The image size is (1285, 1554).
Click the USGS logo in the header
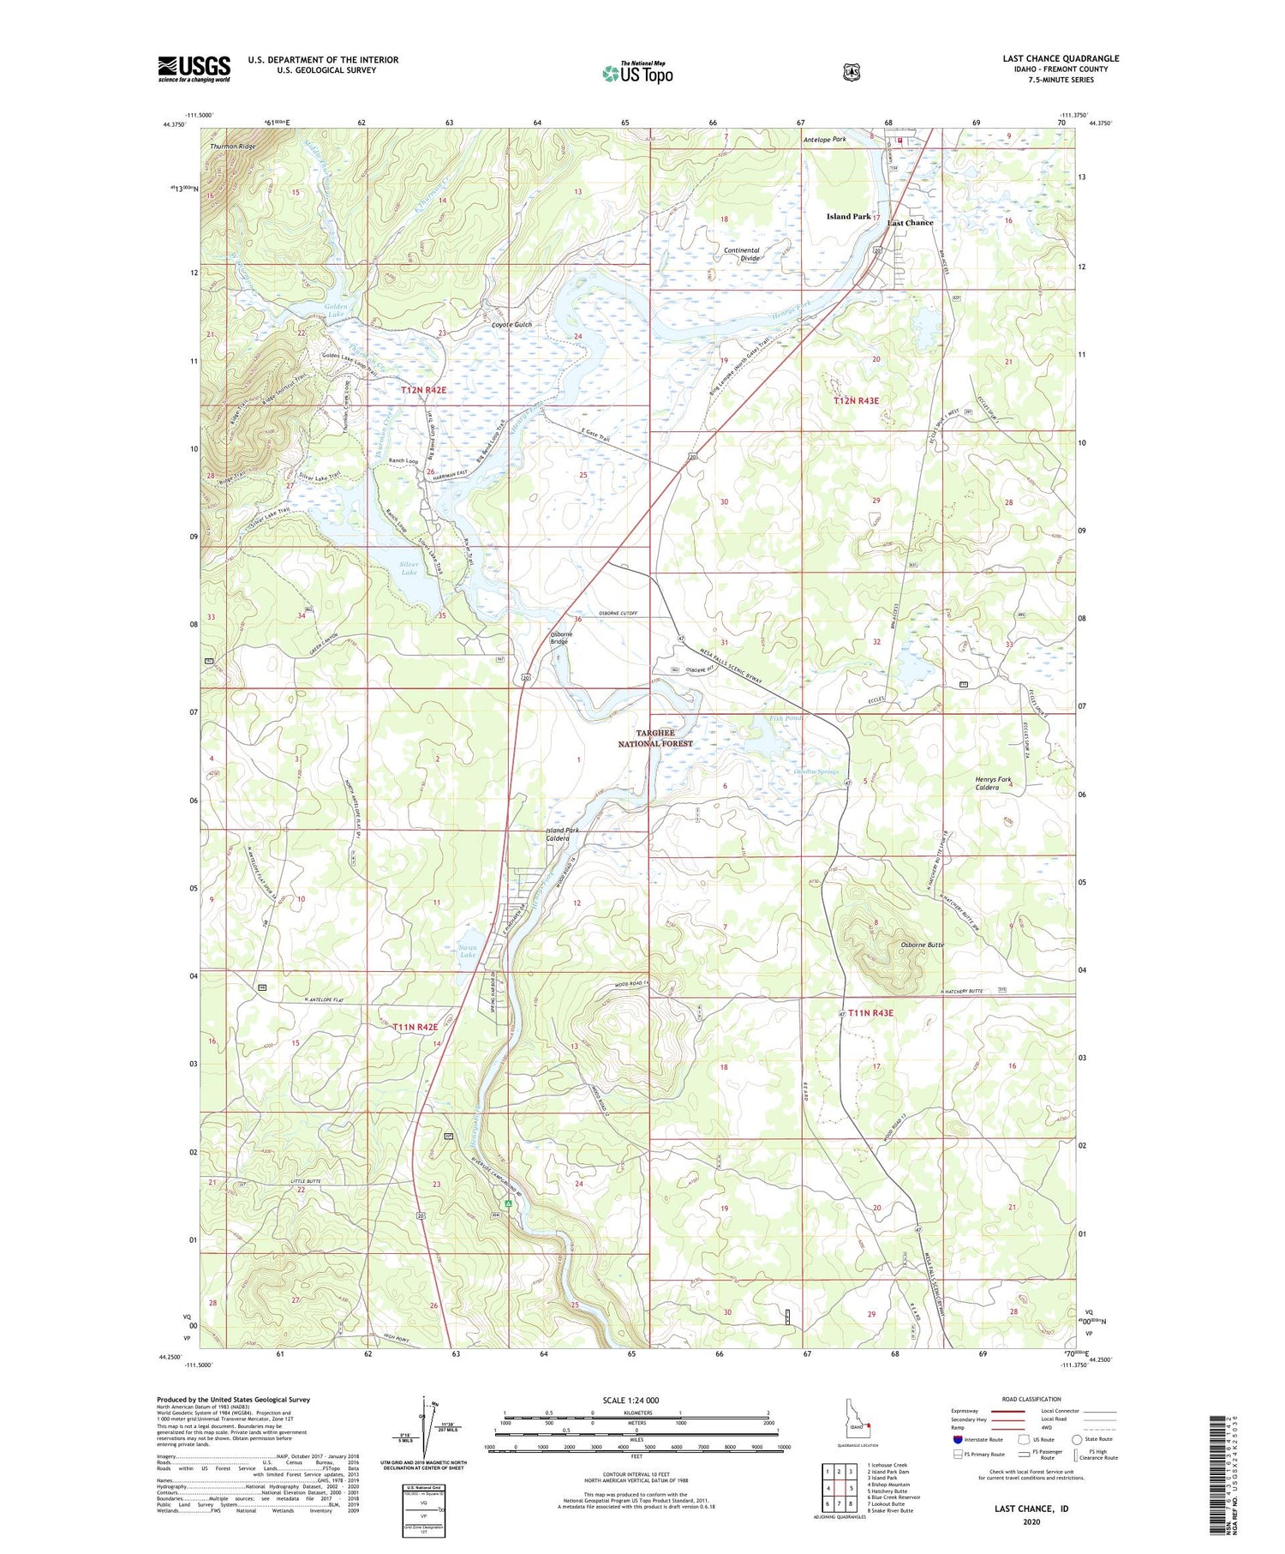coord(194,69)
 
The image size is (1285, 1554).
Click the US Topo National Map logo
coord(637,72)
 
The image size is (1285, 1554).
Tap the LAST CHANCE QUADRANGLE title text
coord(1061,59)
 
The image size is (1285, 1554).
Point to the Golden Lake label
coord(335,311)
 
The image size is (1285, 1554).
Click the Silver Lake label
coord(409,567)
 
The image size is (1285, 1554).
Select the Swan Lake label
coord(467,951)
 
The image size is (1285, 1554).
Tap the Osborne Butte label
coord(922,945)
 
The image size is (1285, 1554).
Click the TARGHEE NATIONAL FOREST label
coord(655,738)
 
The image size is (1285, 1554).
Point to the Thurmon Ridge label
coord(233,147)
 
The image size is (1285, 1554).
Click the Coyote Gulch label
coord(511,325)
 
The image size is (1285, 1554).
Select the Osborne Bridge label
coord(559,637)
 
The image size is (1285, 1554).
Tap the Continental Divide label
coord(742,255)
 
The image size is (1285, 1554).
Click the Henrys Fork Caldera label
coord(993,783)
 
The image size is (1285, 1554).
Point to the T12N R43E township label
coord(857,400)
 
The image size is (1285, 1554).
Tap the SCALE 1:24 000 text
coord(631,1400)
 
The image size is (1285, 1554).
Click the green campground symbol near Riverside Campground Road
coord(508,1204)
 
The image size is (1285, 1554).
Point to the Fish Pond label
coord(785,718)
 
